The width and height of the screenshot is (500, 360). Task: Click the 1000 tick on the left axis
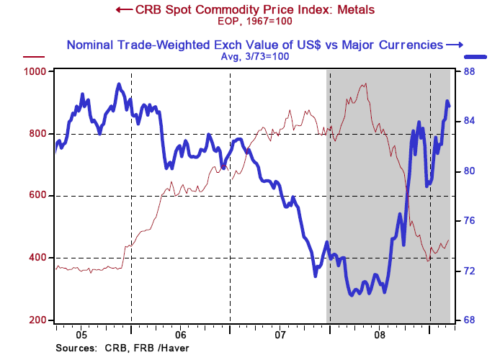pyautogui.click(x=36, y=71)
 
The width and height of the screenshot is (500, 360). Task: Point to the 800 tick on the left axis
pyautogui.click(x=39, y=133)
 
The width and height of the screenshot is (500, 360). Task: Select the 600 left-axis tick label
pyautogui.click(x=39, y=195)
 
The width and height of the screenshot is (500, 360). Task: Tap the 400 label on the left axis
pyautogui.click(x=39, y=258)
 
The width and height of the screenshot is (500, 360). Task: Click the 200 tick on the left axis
pyautogui.click(x=39, y=320)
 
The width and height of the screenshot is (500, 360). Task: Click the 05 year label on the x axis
pyautogui.click(x=81, y=335)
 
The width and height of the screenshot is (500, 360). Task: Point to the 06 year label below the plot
pyautogui.click(x=180, y=335)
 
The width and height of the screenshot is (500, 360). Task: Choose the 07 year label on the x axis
pyautogui.click(x=280, y=335)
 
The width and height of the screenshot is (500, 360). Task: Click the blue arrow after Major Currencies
pyautogui.click(x=455, y=45)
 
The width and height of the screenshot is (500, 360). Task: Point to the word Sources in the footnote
pyautogui.click(x=74, y=348)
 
